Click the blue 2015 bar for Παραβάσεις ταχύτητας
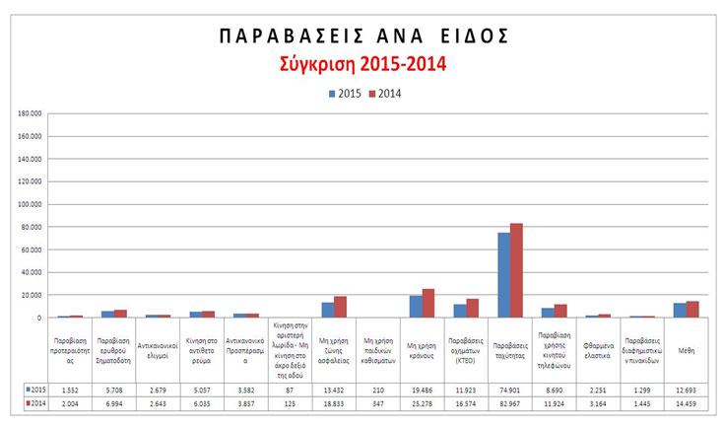tap(504, 275)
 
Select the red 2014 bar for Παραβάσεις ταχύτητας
tap(516, 271)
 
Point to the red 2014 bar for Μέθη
tap(692, 310)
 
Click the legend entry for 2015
tap(343, 94)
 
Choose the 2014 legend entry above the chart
tap(386, 94)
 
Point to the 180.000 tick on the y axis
tap(30, 114)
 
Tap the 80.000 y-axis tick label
tap(32, 228)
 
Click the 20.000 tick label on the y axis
tap(32, 296)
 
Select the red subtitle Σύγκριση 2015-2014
tap(361, 66)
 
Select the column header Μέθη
tap(687, 346)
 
